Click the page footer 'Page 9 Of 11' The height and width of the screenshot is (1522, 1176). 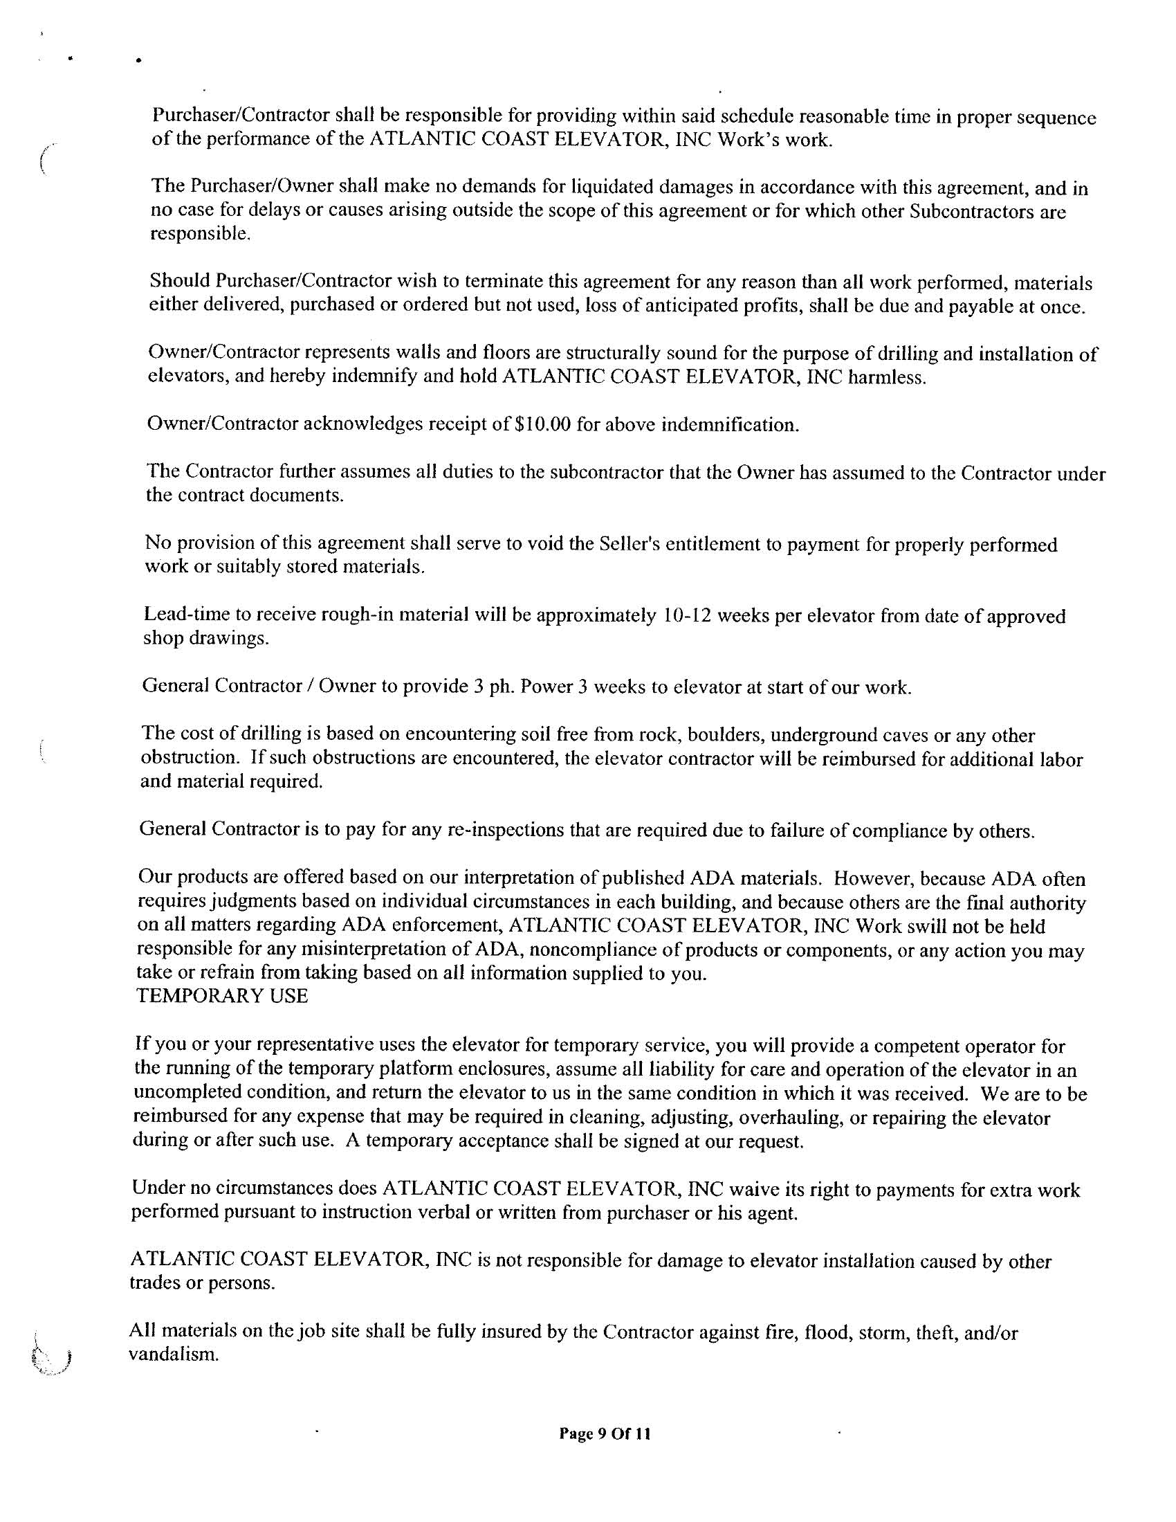tap(605, 1433)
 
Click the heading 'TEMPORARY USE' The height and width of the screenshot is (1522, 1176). tap(222, 996)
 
